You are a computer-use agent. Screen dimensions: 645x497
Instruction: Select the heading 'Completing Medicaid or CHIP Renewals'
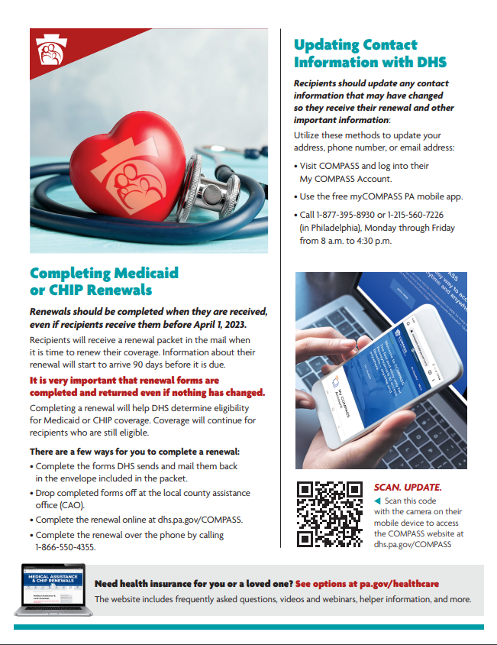[x=104, y=281]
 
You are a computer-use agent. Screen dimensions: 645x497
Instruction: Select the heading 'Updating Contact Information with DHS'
[x=370, y=53]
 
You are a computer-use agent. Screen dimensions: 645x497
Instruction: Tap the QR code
[x=329, y=514]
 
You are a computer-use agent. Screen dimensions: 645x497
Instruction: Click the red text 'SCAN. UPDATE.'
[x=408, y=487]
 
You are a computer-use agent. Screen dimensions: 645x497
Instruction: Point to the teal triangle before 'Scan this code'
[x=377, y=501]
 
